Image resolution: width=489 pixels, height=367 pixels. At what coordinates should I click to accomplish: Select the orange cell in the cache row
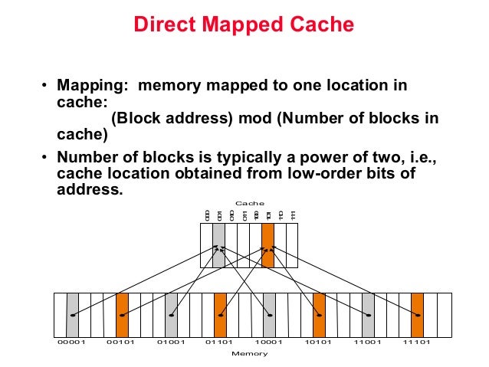tap(267, 245)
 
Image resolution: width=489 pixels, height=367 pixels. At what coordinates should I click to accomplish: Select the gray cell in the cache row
tap(218, 245)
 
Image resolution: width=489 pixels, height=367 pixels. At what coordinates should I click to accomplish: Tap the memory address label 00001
tap(72, 342)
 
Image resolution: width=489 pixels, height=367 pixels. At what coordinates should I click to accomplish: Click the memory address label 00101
tap(121, 342)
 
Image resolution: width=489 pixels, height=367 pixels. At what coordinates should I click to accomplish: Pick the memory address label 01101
tap(220, 342)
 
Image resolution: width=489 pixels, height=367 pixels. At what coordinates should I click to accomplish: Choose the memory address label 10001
tap(269, 342)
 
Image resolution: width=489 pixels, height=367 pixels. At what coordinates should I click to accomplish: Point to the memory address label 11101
tap(417, 342)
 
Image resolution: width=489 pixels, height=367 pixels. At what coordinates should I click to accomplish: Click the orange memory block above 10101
tap(319, 314)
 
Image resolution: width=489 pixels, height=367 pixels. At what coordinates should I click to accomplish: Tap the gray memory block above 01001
tap(171, 314)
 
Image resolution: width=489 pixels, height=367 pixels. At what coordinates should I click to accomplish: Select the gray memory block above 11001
tap(368, 314)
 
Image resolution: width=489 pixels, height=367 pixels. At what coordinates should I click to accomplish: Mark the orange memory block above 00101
tap(122, 314)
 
